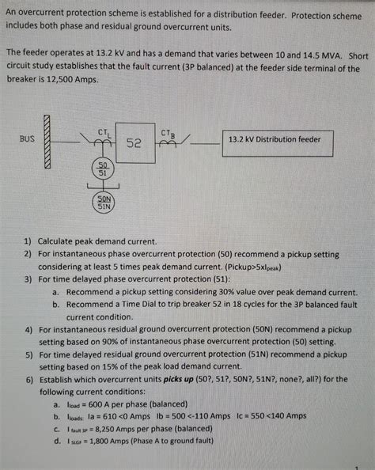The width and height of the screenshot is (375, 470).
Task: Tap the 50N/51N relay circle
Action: (x=104, y=201)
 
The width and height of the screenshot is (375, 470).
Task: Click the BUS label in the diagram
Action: (x=27, y=138)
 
